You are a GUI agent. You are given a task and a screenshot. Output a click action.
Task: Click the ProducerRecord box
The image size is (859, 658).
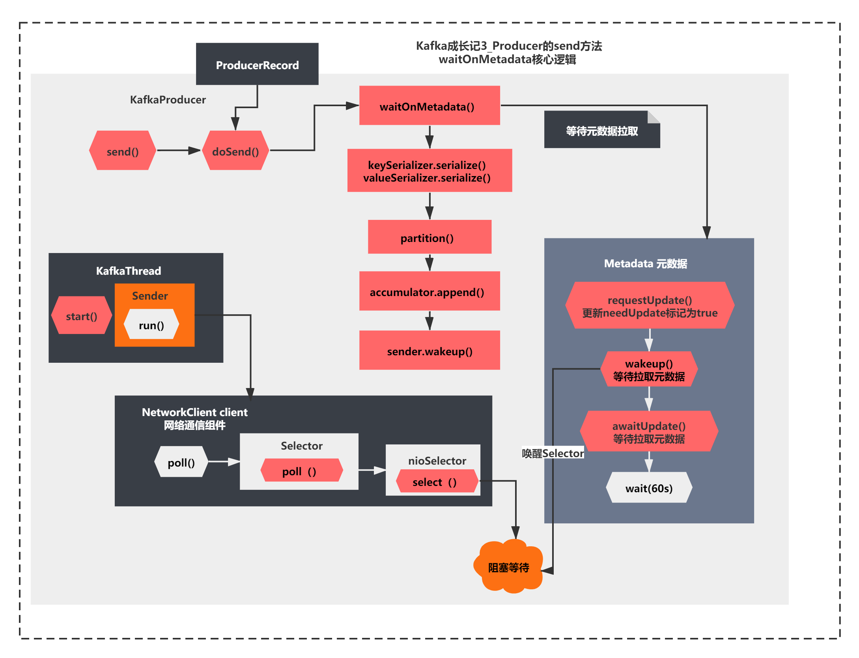pyautogui.click(x=257, y=64)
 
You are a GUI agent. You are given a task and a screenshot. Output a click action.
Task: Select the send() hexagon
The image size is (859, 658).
pyautogui.click(x=123, y=151)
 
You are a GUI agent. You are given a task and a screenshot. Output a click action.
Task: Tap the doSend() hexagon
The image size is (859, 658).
pyautogui.click(x=235, y=151)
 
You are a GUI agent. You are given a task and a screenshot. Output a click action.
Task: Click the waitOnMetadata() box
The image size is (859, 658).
pyautogui.click(x=429, y=106)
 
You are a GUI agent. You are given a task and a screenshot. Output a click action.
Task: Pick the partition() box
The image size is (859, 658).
pyautogui.click(x=429, y=237)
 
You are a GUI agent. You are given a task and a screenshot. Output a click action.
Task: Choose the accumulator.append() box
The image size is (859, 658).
pyautogui.click(x=429, y=291)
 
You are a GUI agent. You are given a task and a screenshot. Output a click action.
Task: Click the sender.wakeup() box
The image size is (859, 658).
pyautogui.click(x=429, y=351)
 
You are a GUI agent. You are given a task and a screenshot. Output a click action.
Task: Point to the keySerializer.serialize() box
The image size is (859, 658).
pyautogui.click(x=429, y=171)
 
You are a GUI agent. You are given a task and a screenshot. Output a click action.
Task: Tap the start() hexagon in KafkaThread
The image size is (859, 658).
pyautogui.click(x=82, y=316)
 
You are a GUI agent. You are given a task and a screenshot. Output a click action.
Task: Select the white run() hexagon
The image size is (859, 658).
pyautogui.click(x=151, y=324)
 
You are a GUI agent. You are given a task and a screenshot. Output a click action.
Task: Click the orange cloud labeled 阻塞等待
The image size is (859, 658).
pyautogui.click(x=508, y=567)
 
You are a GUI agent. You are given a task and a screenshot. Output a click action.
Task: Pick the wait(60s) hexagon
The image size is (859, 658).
pyautogui.click(x=649, y=488)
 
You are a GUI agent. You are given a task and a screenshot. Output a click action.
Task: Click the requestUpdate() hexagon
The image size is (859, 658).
pyautogui.click(x=650, y=306)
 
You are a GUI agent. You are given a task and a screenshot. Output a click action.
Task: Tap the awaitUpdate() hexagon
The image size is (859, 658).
pyautogui.click(x=649, y=431)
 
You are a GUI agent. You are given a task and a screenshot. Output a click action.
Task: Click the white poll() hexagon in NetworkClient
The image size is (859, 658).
pyautogui.click(x=181, y=462)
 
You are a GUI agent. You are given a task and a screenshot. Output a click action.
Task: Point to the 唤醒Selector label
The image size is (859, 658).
pyautogui.click(x=553, y=453)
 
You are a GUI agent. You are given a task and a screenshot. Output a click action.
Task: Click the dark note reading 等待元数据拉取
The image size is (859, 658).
pyautogui.click(x=601, y=130)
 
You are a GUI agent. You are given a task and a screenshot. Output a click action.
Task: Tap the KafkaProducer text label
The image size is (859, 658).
pyautogui.click(x=168, y=99)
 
